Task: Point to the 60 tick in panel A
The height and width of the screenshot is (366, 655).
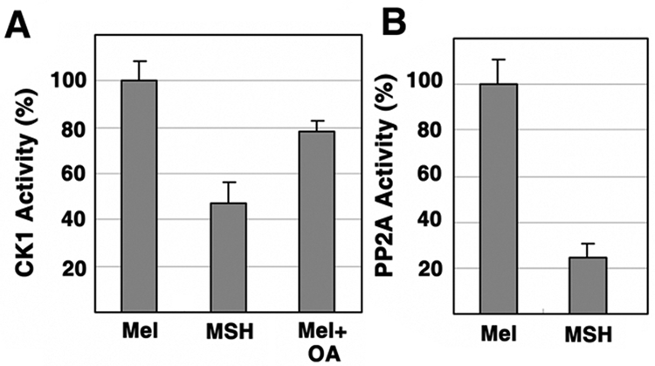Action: pos(77,175)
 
